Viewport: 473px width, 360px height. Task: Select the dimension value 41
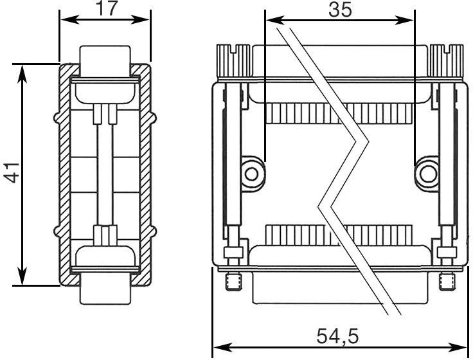point(12,174)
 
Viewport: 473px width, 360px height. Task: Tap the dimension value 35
point(340,10)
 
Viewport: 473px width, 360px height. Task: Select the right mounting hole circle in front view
point(426,172)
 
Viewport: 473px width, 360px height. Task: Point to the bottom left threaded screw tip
point(233,281)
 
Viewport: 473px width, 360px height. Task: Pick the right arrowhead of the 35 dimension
point(407,19)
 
